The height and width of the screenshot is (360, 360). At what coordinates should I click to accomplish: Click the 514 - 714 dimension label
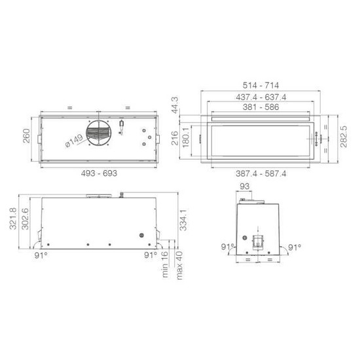click(x=261, y=85)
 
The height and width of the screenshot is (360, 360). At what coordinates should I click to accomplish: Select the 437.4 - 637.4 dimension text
click(x=261, y=97)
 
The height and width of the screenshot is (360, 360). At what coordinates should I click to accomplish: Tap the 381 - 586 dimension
click(x=261, y=107)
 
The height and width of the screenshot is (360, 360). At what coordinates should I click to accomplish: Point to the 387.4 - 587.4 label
click(x=261, y=173)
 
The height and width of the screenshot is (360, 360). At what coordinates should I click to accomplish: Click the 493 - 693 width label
click(x=99, y=173)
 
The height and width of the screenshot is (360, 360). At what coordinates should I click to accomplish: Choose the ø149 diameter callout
click(x=74, y=141)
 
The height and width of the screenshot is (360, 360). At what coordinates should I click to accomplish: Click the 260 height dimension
click(x=26, y=135)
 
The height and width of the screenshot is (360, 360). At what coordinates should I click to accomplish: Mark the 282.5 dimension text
click(x=344, y=137)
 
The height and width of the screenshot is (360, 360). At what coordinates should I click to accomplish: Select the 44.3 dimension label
click(x=175, y=105)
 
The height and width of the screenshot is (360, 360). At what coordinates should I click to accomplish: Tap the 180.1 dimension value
click(x=185, y=137)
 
